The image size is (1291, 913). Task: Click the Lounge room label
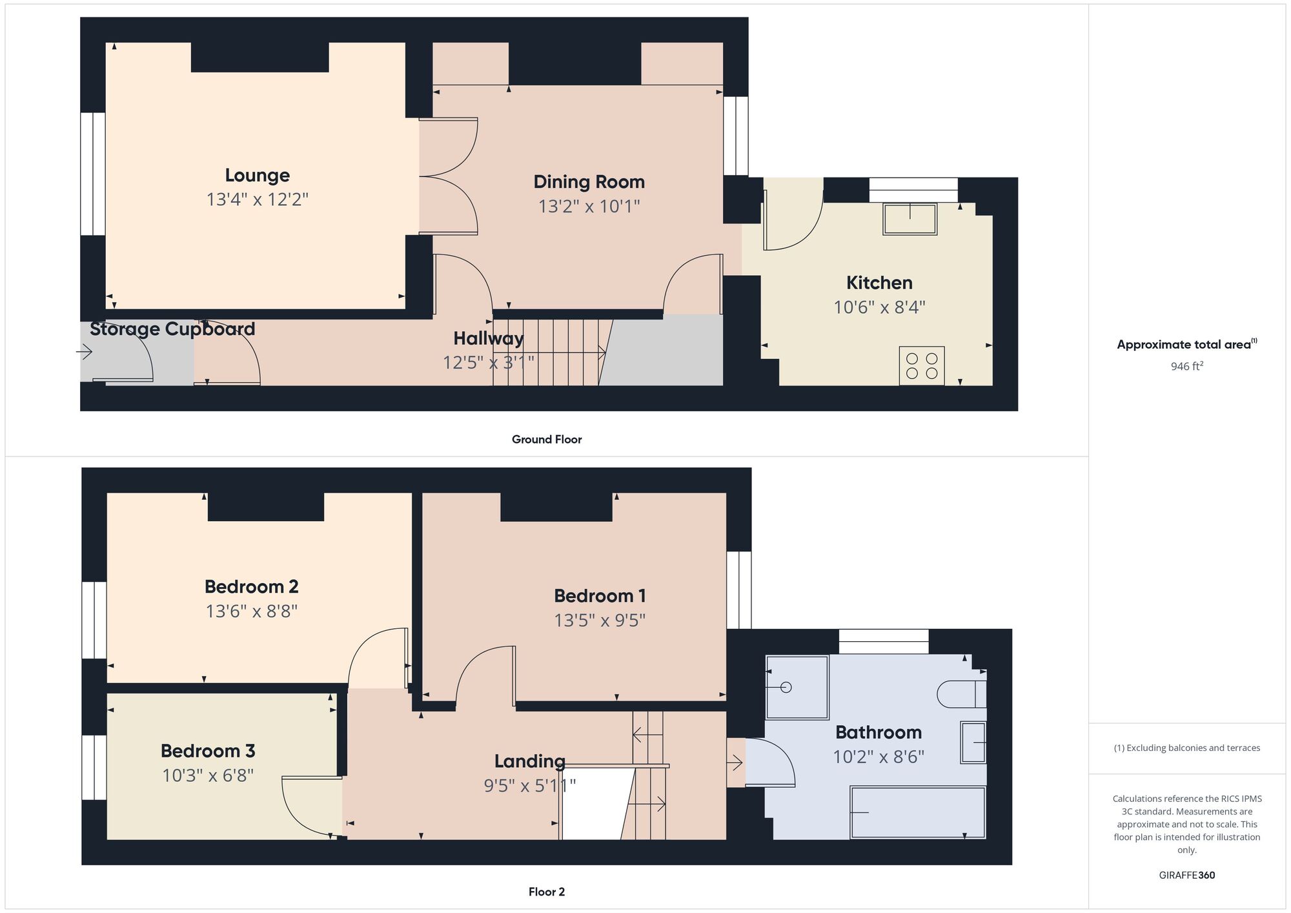point(257,176)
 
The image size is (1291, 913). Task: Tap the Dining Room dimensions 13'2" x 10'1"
point(589,207)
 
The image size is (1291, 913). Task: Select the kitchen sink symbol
point(910,219)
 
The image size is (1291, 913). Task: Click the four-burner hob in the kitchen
point(922,366)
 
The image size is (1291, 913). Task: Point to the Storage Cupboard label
point(172,329)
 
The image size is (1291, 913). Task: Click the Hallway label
point(488,338)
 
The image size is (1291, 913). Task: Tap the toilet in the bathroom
point(961,694)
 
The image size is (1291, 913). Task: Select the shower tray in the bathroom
point(797,687)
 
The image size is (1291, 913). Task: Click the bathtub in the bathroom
point(917,812)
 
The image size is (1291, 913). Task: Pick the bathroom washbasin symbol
point(973,743)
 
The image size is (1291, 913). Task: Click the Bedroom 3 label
point(208,751)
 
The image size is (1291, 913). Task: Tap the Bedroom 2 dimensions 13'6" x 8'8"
point(251,611)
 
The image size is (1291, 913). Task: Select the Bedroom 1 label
point(600,596)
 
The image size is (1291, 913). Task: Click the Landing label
point(529,761)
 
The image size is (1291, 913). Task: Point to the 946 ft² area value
point(1186,366)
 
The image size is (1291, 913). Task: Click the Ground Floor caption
point(547,440)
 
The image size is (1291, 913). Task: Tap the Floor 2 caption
point(546,892)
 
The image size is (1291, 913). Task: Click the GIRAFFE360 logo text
point(1186,876)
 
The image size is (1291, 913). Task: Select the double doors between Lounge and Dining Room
point(448,176)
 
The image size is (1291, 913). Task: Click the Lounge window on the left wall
point(93,174)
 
